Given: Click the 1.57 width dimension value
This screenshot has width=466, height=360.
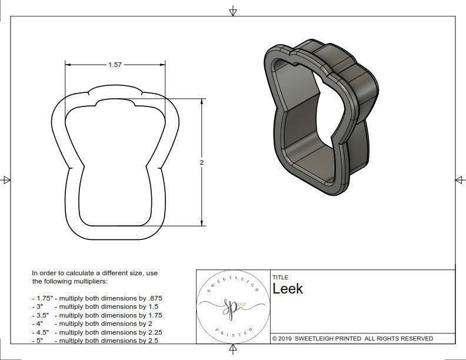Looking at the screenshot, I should point(115,65).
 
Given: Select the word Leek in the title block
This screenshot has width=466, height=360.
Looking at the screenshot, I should point(288,289).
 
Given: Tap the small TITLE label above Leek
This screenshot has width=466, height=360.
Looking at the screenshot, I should point(279,278).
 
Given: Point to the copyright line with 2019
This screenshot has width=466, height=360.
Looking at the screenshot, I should point(352,339).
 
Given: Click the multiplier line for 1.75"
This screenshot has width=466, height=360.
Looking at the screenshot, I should point(97,298).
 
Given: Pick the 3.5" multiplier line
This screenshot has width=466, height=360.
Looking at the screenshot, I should point(97,315).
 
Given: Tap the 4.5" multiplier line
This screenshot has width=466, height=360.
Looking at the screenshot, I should point(97,332).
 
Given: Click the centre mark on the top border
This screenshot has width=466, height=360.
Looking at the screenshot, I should point(233,11).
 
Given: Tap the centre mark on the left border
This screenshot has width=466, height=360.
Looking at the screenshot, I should point(6,180).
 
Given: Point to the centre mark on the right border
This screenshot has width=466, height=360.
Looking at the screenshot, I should point(460,180).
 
